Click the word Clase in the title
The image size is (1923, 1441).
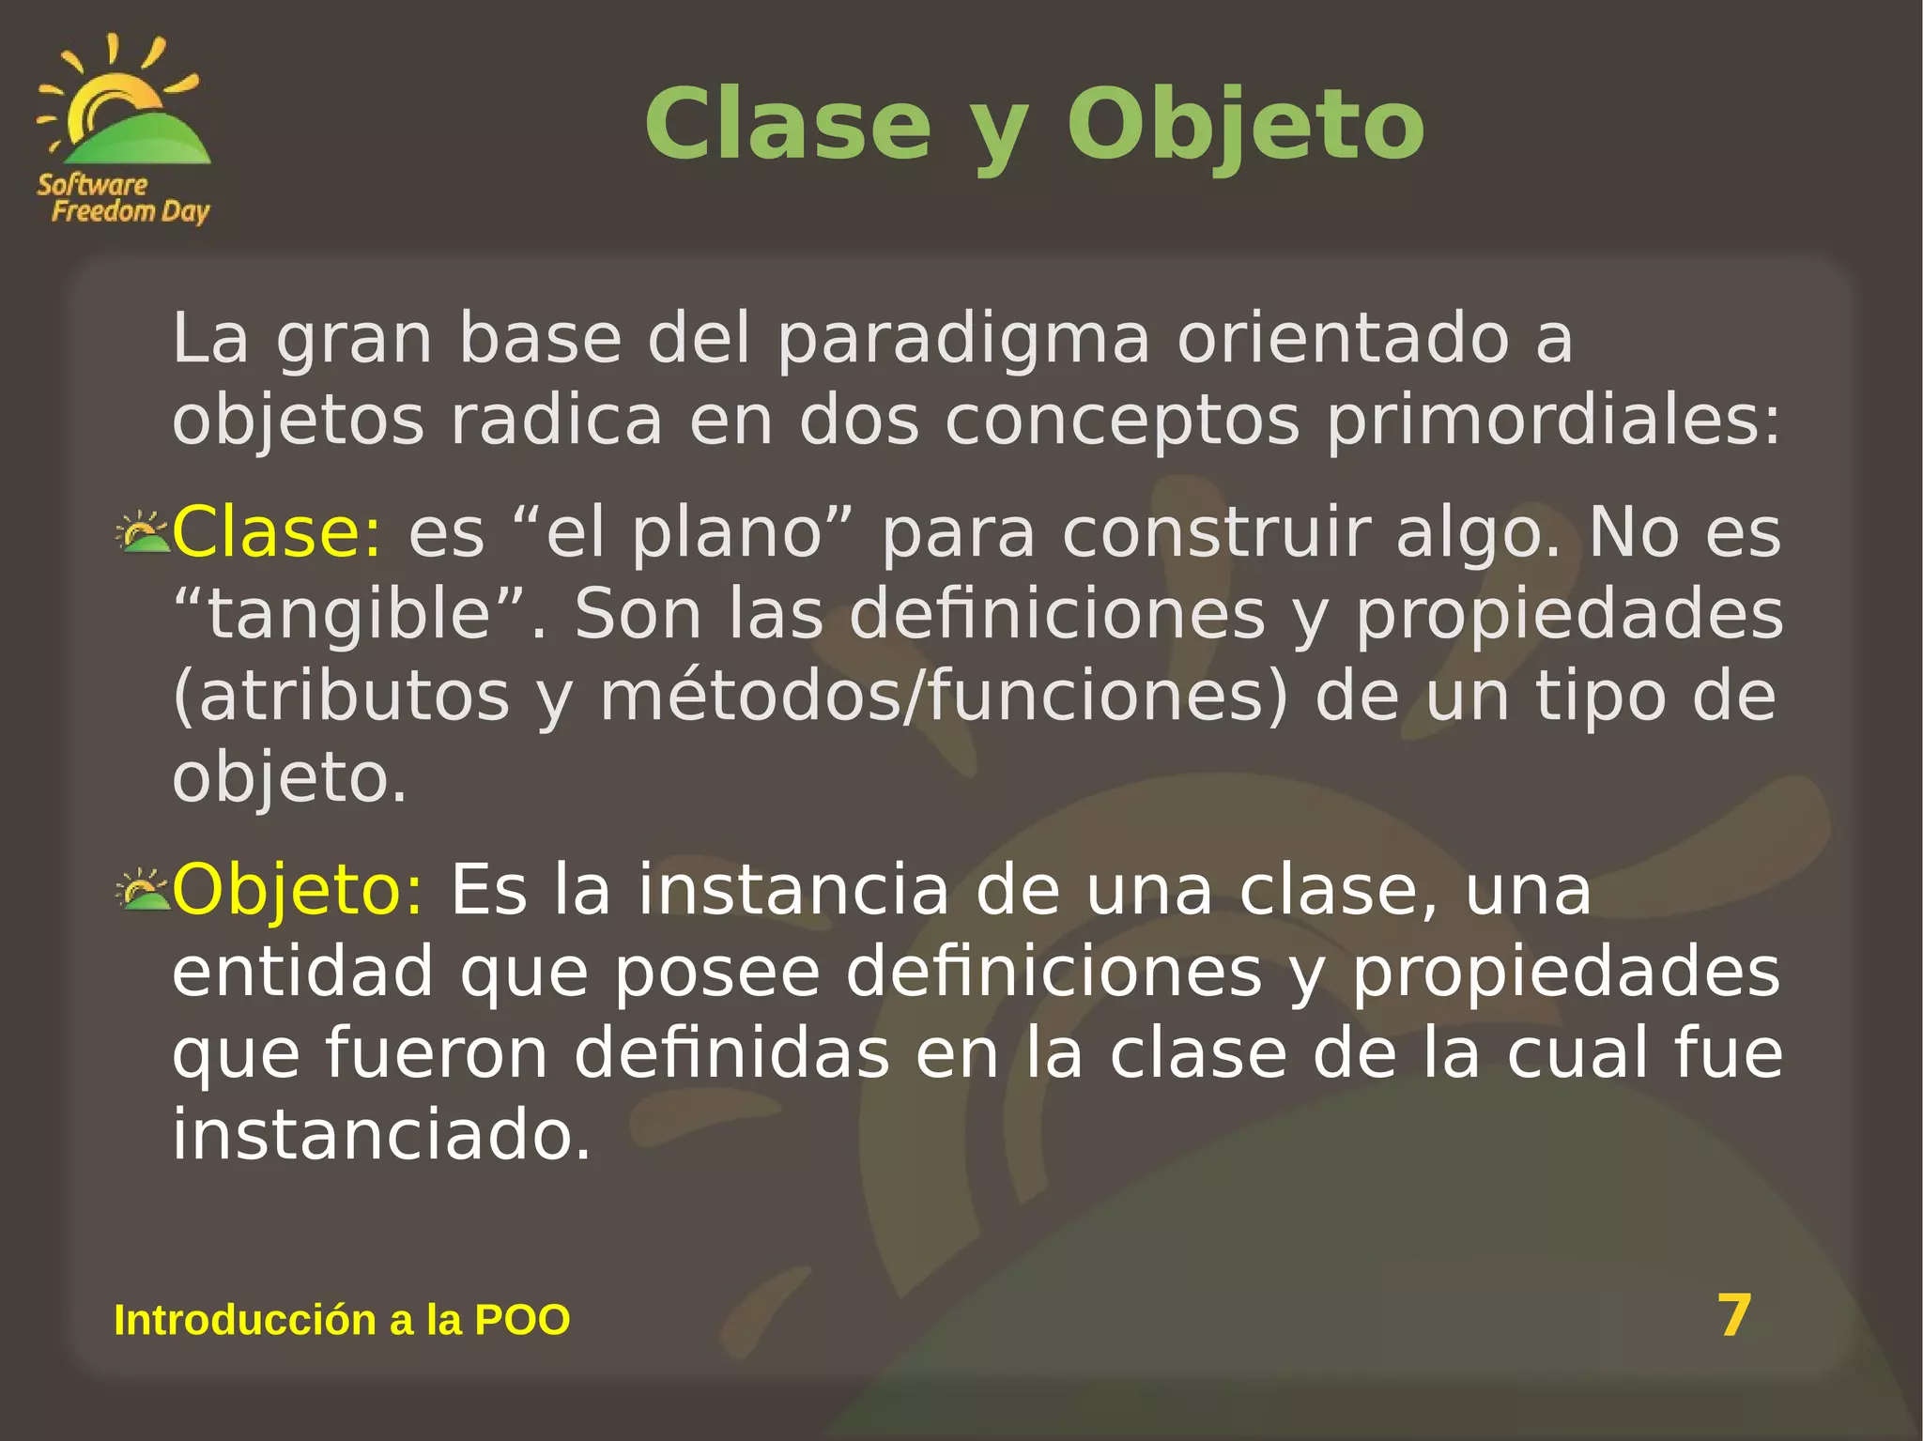pyautogui.click(x=787, y=126)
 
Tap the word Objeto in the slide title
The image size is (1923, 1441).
pyautogui.click(x=1245, y=126)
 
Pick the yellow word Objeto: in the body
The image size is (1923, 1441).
pyautogui.click(x=298, y=889)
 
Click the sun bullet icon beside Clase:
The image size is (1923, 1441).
pyautogui.click(x=143, y=532)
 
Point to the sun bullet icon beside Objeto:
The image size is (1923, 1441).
pyautogui.click(x=143, y=889)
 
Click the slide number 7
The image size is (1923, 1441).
pyautogui.click(x=1734, y=1315)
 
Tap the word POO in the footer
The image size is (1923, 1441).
pyautogui.click(x=522, y=1320)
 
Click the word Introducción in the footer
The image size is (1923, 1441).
pyautogui.click(x=243, y=1320)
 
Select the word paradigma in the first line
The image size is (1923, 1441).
pyautogui.click(x=962, y=340)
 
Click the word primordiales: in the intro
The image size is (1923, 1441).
pyautogui.click(x=1552, y=422)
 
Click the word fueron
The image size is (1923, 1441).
pyautogui.click(x=437, y=1053)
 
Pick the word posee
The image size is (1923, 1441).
pyautogui.click(x=717, y=972)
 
